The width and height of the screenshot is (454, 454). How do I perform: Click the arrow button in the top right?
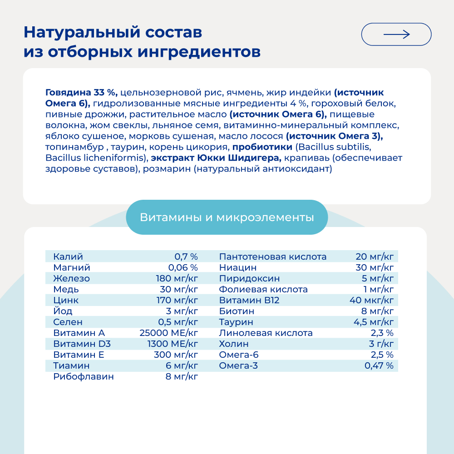pos(396,34)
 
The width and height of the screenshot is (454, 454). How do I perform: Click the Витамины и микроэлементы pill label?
pos(227,217)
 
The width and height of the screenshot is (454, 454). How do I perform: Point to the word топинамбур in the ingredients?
pos(69,148)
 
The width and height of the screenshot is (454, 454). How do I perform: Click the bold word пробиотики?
pos(262,148)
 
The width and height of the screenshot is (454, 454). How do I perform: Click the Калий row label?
pos(68,257)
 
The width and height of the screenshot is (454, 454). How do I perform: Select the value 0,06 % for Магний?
pos(183,267)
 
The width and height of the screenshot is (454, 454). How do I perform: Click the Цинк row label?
pos(66,300)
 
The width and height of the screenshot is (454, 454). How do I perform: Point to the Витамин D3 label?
pos(82,344)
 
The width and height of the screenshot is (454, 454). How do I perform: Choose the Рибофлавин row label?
pos(84,376)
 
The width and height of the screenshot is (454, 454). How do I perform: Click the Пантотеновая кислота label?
pos(272,257)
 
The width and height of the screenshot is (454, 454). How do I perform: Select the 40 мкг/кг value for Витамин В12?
pos(371,300)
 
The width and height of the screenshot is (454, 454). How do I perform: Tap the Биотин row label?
pos(236,311)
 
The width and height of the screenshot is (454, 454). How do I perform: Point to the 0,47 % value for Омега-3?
pos(379,365)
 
